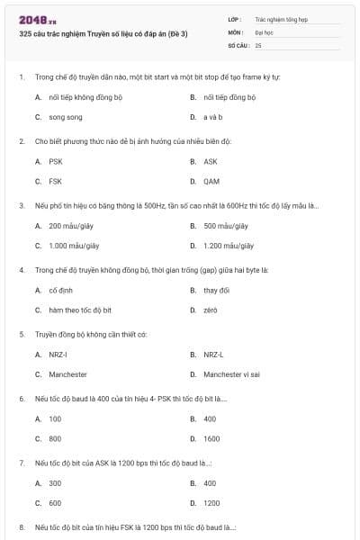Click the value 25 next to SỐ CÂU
pyautogui.click(x=258, y=44)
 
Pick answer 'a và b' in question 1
pyautogui.click(x=212, y=117)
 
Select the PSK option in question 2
pyautogui.click(x=56, y=161)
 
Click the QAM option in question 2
pyautogui.click(x=211, y=181)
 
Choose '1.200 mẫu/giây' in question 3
pyautogui.click(x=229, y=245)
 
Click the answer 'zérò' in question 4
pyautogui.click(x=211, y=310)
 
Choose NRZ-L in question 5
pyautogui.click(x=213, y=355)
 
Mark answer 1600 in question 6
pyautogui.click(x=211, y=438)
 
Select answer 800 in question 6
pyautogui.click(x=55, y=438)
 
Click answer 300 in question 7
pyautogui.click(x=55, y=483)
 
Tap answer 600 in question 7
pyautogui.click(x=55, y=503)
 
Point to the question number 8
pyautogui.click(x=22, y=527)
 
